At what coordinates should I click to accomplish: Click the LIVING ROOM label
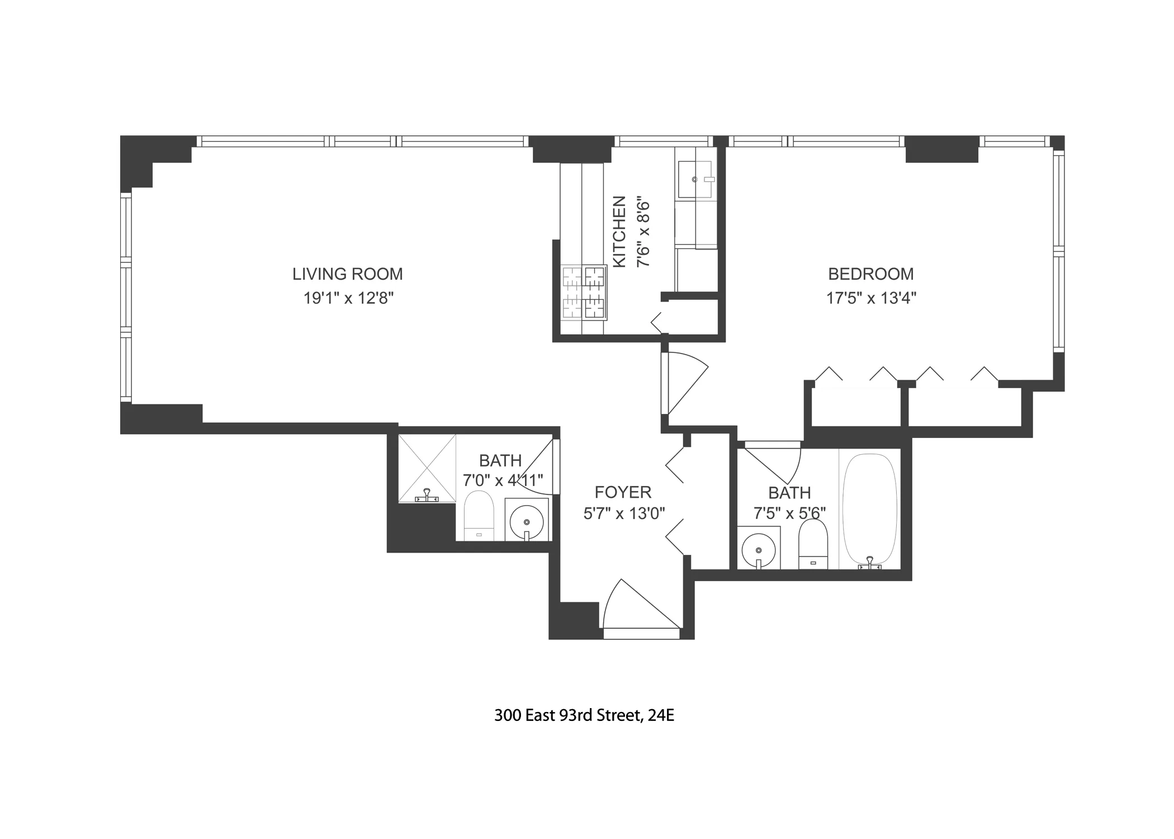(347, 274)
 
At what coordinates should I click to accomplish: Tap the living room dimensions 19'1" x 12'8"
(348, 298)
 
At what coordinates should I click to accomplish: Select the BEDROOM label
(870, 274)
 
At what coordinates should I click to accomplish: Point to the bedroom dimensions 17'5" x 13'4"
(871, 298)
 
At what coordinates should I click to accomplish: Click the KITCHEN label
(619, 232)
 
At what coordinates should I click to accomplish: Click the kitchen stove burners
(585, 293)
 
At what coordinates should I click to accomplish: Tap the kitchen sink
(696, 180)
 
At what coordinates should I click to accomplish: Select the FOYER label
(623, 492)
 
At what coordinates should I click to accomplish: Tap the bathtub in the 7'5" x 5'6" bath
(869, 509)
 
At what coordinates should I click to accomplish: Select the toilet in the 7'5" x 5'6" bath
(813, 543)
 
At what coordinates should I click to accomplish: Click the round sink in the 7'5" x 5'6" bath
(758, 549)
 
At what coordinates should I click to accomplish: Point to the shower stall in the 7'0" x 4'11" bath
(427, 468)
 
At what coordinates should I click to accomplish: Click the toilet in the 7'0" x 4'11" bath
(479, 515)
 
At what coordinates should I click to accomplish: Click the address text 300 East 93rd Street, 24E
(584, 715)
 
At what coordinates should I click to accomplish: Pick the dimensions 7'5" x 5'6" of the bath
(789, 513)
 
